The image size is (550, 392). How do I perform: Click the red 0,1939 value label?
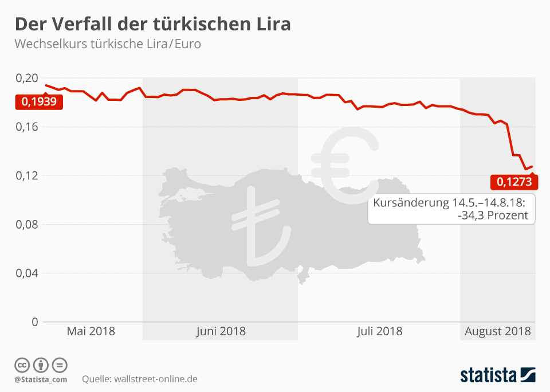[x=39, y=102]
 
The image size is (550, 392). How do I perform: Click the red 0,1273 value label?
[x=514, y=182]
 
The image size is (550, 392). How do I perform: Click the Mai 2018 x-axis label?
[x=91, y=331]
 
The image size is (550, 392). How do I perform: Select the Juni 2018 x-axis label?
[x=221, y=331]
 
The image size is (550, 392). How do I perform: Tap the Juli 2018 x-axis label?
[x=379, y=331]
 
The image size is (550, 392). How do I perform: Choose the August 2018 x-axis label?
[x=497, y=331]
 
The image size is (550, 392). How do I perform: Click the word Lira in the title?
[x=270, y=25]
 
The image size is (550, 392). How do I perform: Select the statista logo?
[x=497, y=375]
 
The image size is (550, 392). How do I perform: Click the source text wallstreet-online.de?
[x=156, y=379]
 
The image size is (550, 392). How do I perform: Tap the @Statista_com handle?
[x=41, y=379]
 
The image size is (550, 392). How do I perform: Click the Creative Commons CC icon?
[x=22, y=365]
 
